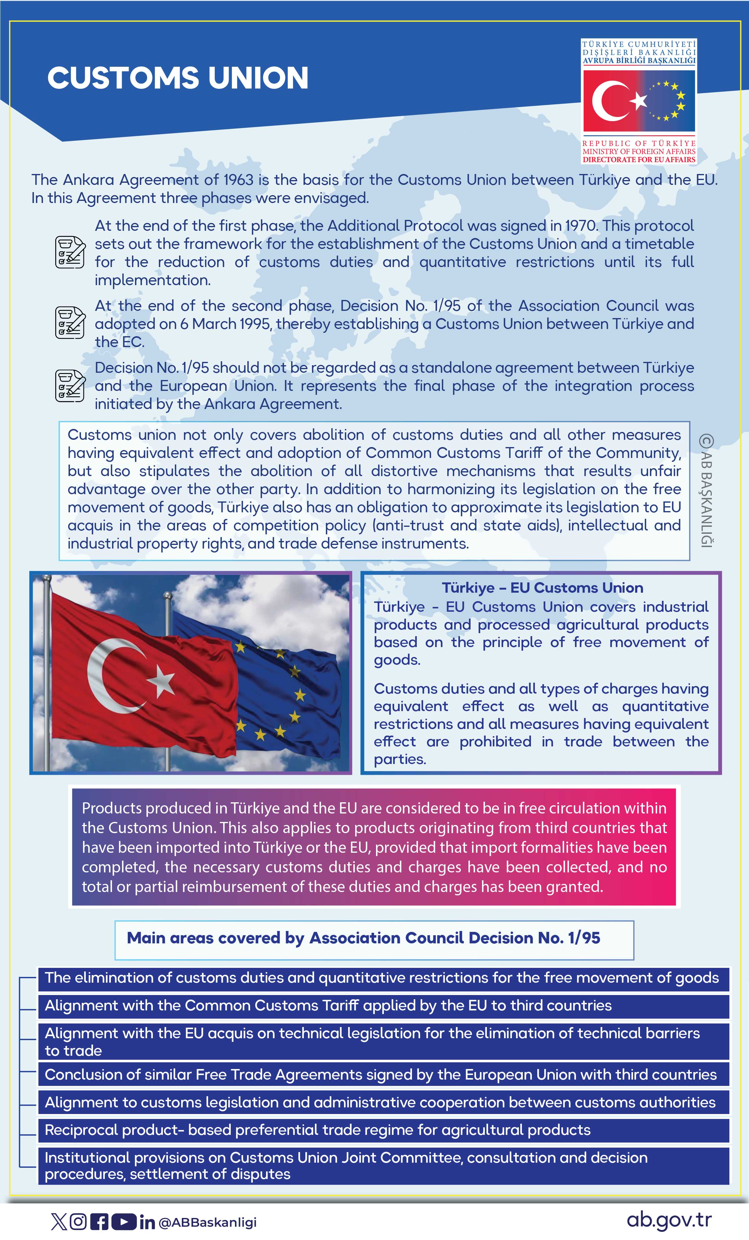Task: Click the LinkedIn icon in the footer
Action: point(147,1222)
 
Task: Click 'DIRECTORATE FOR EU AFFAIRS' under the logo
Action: point(639,159)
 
